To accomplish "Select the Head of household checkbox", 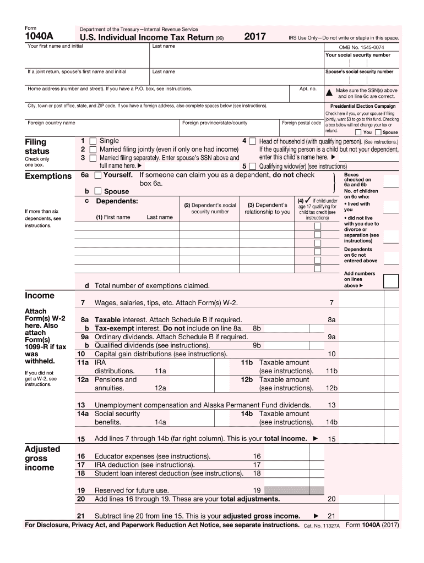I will [x=252, y=141].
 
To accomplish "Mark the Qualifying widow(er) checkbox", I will [x=252, y=166].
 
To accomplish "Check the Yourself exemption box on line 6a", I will [x=97, y=175].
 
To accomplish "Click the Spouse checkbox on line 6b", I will [x=97, y=191].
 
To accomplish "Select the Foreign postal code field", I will [x=301, y=130].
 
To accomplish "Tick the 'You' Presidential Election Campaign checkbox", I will [x=358, y=133].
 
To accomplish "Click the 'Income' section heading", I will [x=40, y=296].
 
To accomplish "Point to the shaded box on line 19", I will [x=291, y=490].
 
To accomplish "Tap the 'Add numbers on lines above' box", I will [x=391, y=281].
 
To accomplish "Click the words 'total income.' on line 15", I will [x=285, y=439].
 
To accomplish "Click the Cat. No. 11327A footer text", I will [x=322, y=526].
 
